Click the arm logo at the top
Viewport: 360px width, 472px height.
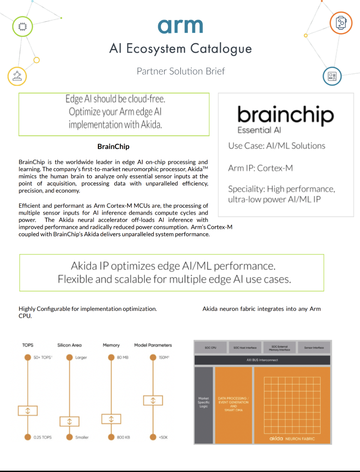click(x=180, y=26)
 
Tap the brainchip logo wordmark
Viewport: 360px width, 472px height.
click(x=285, y=115)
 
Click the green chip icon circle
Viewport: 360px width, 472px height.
click(x=23, y=26)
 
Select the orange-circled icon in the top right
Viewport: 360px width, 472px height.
click(x=341, y=23)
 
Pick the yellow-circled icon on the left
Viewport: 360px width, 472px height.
click(x=17, y=76)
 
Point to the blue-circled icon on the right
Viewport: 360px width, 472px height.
click(x=332, y=76)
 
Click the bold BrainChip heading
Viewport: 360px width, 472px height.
click(x=113, y=146)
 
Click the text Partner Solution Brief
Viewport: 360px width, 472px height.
click(x=181, y=71)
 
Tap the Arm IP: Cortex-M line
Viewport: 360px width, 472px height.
click(x=261, y=168)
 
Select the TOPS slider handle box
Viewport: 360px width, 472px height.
click(x=28, y=411)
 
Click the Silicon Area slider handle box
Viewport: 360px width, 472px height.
click(x=70, y=422)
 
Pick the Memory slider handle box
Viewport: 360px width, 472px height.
click(x=111, y=419)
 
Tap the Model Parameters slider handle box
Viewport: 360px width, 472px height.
click(x=153, y=400)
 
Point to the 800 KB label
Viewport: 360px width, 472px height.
click(x=123, y=437)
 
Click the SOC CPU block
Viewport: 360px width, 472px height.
click(x=211, y=347)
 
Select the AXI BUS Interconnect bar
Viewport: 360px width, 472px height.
click(x=262, y=360)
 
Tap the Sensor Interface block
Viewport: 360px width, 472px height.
click(x=314, y=347)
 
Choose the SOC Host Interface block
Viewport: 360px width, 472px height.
click(x=245, y=347)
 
